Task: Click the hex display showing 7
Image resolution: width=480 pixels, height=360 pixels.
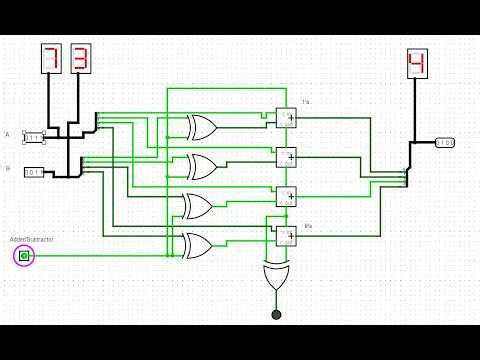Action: tap(51, 59)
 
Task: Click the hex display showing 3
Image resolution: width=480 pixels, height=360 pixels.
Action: tap(81, 59)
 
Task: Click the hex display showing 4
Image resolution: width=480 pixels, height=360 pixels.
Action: tap(416, 64)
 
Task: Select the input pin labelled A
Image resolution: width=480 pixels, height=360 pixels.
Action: tap(34, 136)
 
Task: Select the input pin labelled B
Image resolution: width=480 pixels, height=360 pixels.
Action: tap(34, 172)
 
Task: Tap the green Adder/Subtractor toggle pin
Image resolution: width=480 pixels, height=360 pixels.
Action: tap(24, 257)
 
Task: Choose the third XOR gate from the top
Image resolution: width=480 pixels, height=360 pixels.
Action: tap(199, 206)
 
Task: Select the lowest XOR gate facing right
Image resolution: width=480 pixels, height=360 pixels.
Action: tap(197, 244)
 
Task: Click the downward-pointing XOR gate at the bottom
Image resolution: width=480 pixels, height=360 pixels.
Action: tap(276, 278)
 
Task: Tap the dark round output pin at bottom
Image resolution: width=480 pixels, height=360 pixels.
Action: tap(276, 315)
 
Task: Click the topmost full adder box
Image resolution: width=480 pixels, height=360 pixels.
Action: tap(286, 118)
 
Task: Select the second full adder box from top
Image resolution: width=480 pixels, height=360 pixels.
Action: tap(286, 157)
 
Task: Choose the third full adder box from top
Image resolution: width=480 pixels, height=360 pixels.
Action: tap(286, 196)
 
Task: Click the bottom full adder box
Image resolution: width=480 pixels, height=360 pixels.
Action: tap(286, 236)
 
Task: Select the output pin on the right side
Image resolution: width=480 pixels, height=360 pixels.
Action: tap(444, 143)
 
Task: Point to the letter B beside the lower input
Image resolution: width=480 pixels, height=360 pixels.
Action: tap(8, 169)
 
